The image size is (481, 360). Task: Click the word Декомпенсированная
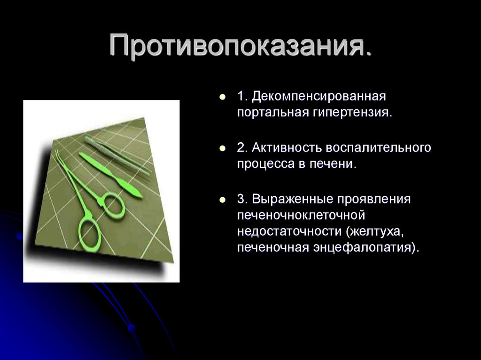(x=318, y=97)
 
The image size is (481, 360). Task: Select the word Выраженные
(x=290, y=199)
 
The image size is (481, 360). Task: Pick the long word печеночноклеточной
(x=301, y=215)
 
